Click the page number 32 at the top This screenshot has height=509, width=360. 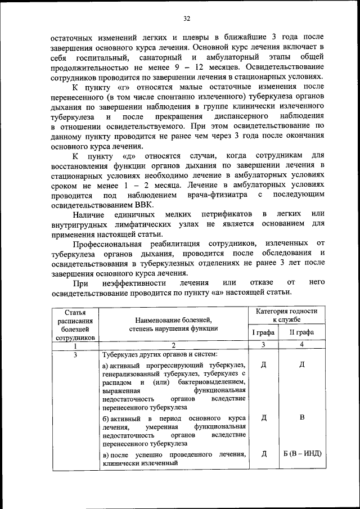coord(186,19)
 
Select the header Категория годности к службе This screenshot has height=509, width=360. coord(286,315)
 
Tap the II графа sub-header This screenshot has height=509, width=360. coord(302,332)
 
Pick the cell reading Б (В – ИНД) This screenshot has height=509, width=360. coord(302,454)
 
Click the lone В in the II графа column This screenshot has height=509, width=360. coord(302,417)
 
